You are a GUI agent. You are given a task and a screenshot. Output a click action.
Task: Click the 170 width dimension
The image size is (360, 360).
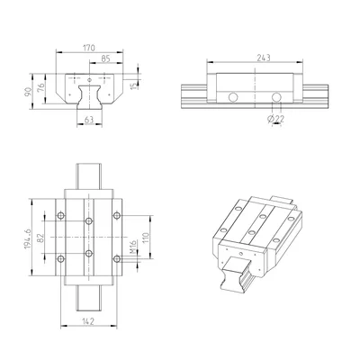[89, 48]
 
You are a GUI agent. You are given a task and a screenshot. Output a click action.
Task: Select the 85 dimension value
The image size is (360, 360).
[105, 59]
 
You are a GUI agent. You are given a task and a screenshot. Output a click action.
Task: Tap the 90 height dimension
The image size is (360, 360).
[28, 92]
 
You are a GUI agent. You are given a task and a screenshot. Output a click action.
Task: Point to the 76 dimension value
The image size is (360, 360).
[41, 86]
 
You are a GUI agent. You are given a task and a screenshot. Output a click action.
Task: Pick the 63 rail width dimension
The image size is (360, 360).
[89, 120]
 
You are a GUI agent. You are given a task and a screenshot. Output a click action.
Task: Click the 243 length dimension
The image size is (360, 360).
[264, 58]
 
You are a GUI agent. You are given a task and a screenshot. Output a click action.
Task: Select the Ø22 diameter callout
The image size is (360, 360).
[275, 119]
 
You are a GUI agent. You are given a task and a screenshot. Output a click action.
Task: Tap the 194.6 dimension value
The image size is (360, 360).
[28, 238]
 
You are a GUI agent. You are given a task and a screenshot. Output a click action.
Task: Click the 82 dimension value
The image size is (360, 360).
[41, 238]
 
